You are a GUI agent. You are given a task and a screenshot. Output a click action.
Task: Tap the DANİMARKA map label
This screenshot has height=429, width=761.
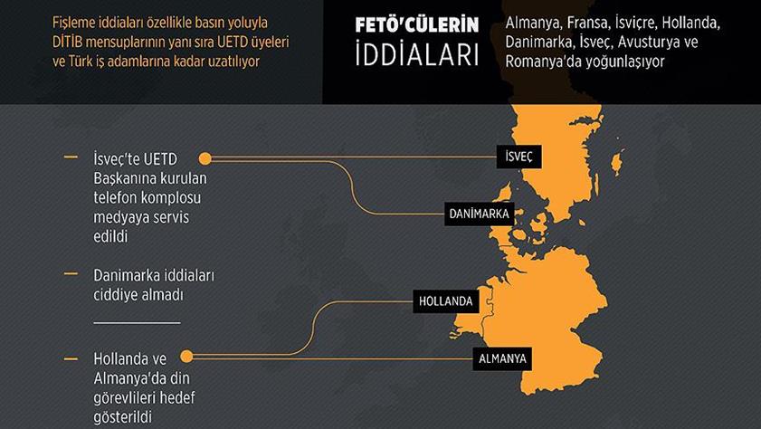click(479, 214)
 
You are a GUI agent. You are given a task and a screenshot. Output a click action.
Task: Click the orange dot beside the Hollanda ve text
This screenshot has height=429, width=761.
click(186, 357)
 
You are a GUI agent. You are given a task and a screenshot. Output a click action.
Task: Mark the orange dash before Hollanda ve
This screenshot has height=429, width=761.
click(71, 357)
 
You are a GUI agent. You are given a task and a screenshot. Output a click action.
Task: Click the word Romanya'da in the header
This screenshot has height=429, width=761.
click(537, 62)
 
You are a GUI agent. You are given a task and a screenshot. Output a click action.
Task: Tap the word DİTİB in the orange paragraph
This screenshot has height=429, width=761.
click(71, 43)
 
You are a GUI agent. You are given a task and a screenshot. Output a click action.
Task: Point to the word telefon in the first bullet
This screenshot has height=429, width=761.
click(116, 197)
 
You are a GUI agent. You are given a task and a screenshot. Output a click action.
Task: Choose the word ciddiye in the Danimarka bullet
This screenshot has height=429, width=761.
click(117, 294)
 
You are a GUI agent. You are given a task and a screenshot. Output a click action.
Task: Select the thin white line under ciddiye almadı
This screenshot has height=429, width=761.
click(137, 321)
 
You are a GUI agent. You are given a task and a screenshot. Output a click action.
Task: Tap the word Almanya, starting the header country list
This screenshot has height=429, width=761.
click(536, 23)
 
